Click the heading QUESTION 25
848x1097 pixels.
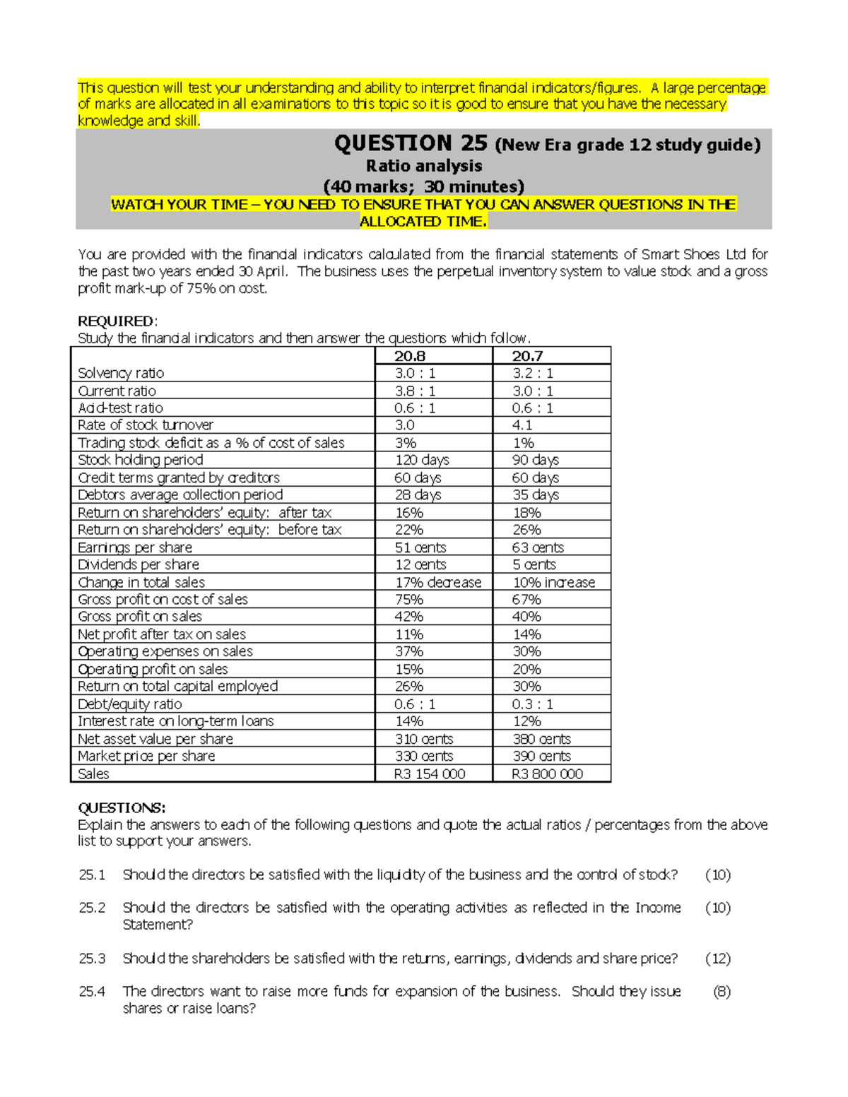411,143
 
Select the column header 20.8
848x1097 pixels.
410,356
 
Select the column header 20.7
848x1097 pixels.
527,356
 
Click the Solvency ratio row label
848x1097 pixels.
121,373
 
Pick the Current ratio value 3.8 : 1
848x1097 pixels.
415,391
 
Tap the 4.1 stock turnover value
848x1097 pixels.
522,425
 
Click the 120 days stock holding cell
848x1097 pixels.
421,460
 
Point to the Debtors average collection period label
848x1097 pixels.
180,494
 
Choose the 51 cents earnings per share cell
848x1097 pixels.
420,547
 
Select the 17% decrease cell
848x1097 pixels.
438,582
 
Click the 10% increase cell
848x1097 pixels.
554,582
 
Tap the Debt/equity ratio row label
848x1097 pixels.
130,704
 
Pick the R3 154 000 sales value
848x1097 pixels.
430,774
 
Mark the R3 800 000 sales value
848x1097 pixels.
548,774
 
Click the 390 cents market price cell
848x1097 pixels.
541,756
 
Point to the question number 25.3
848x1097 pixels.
92,959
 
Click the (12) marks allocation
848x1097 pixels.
718,959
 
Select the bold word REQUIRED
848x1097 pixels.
116,321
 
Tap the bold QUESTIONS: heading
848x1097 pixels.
122,808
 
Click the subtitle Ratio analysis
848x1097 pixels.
424,166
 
